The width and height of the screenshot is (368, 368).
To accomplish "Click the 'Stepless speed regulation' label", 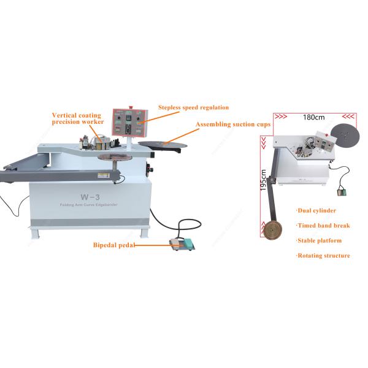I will [x=193, y=107].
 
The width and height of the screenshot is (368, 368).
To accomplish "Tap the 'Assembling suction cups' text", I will [x=233, y=125].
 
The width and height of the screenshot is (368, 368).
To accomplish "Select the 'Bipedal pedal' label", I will [x=113, y=245].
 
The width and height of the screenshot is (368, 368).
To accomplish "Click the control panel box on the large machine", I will [x=129, y=123].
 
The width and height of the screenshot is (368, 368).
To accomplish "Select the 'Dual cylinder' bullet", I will [x=316, y=211].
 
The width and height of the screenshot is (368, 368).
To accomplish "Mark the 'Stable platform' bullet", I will [x=319, y=240].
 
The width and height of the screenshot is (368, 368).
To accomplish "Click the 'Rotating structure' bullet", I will [x=323, y=255].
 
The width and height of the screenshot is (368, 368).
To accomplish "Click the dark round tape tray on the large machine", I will [x=162, y=144].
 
